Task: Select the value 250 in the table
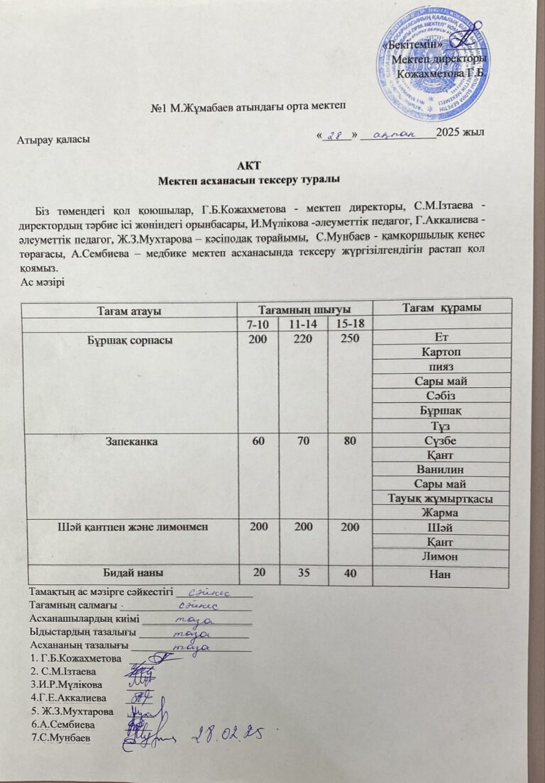pos(349,339)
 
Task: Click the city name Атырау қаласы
pos(53,140)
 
